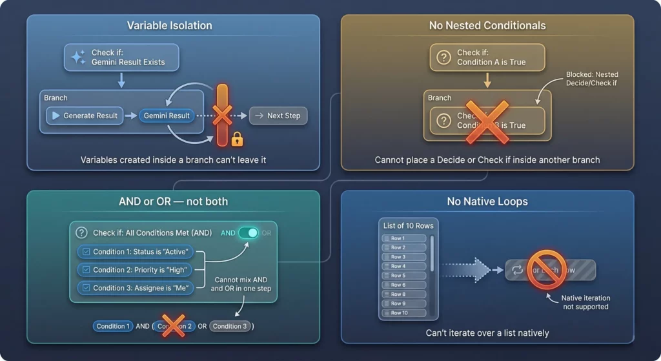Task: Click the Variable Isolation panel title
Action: click(x=169, y=26)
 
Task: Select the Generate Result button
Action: click(x=85, y=116)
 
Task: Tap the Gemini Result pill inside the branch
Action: click(x=167, y=116)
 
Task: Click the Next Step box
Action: click(x=278, y=116)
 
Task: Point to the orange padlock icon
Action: click(x=237, y=138)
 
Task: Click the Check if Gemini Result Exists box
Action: click(x=121, y=57)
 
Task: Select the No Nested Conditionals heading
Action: click(x=487, y=26)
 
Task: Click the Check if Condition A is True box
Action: click(x=487, y=57)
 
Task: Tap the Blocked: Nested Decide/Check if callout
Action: click(x=592, y=79)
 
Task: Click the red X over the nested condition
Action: click(x=487, y=120)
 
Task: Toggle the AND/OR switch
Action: click(x=249, y=232)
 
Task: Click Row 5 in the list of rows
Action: click(x=404, y=276)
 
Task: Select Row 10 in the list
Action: click(x=404, y=313)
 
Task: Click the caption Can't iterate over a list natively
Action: click(x=487, y=333)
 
